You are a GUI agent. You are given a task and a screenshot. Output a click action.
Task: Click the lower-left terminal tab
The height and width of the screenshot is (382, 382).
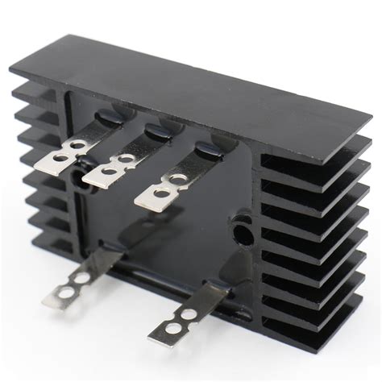coord(85,273)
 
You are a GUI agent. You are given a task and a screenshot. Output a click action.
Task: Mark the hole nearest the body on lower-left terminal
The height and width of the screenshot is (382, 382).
coord(81,277)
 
